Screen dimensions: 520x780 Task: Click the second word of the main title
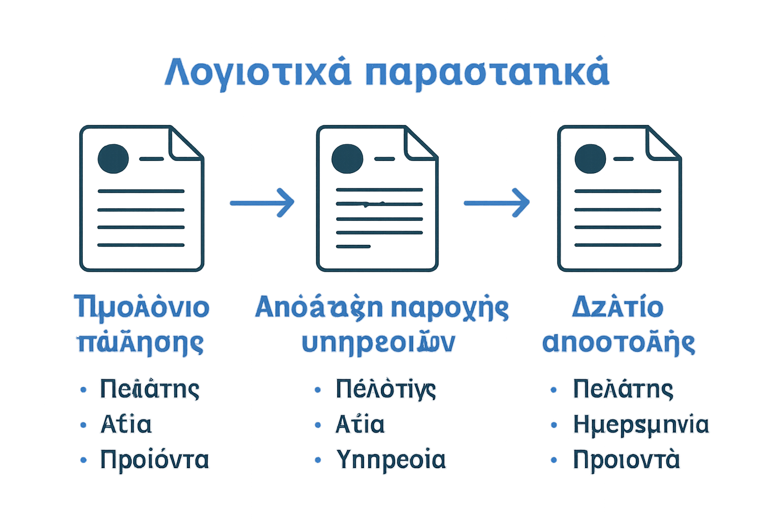pos(486,73)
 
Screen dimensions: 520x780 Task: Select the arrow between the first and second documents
pos(262,203)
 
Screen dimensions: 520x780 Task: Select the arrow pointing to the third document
pos(497,203)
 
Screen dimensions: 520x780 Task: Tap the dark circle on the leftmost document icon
pos(113,158)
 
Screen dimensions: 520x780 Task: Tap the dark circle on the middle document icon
pos(347,158)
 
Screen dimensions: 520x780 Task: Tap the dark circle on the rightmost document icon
pos(590,158)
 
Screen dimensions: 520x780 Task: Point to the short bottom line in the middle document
pos(353,246)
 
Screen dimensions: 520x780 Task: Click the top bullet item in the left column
pos(149,389)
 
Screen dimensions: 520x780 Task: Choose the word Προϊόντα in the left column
pos(154,460)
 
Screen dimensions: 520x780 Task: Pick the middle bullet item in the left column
pos(126,425)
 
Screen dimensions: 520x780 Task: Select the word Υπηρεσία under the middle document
pos(391,460)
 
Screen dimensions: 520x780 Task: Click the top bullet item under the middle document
pos(385,389)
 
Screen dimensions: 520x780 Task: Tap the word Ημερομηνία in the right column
pos(641,425)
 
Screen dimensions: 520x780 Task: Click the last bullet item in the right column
pos(626,460)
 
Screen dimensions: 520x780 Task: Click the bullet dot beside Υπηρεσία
pos(318,460)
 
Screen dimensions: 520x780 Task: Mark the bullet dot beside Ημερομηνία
pos(554,425)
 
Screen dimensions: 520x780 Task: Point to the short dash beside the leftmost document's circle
pos(151,159)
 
